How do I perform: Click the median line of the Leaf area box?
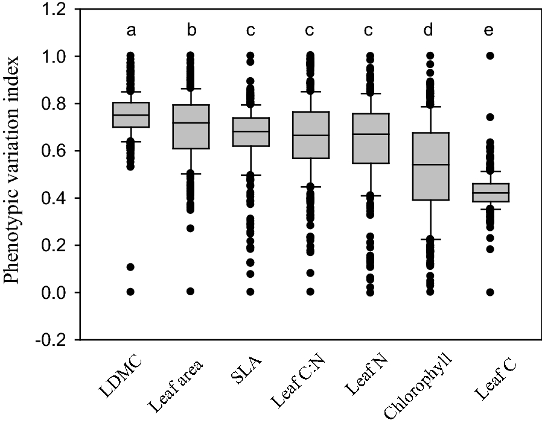(191, 123)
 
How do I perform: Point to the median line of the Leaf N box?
(371, 134)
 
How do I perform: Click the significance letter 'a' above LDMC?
(131, 31)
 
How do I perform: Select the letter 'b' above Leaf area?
(191, 31)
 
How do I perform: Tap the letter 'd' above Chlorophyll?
(430, 31)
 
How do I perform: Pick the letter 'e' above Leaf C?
(490, 31)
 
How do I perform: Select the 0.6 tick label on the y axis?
(54, 151)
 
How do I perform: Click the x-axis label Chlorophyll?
(418, 386)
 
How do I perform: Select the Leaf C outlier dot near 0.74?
(490, 117)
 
